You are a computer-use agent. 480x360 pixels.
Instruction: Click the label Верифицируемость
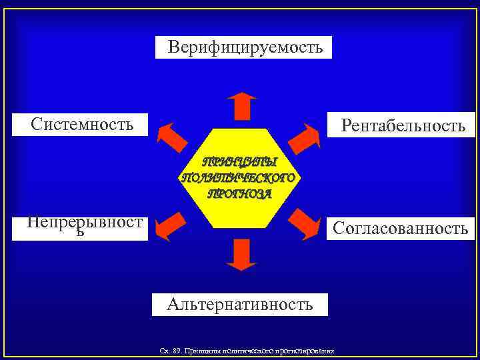point(244,47)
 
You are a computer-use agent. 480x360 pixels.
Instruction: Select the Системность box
point(81,124)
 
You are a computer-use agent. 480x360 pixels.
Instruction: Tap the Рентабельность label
point(403,125)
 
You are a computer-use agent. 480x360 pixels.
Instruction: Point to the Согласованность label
point(401,229)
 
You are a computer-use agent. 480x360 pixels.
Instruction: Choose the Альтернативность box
point(240,305)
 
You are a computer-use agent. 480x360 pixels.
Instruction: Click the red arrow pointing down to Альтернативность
point(241,254)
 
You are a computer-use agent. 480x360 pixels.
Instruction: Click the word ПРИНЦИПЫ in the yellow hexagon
point(238,163)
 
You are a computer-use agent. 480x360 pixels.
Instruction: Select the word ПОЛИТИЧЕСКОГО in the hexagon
point(238,178)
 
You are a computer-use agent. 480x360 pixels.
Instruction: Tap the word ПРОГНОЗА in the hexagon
point(239,193)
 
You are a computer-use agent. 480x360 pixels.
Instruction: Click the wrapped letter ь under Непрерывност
point(81,233)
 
